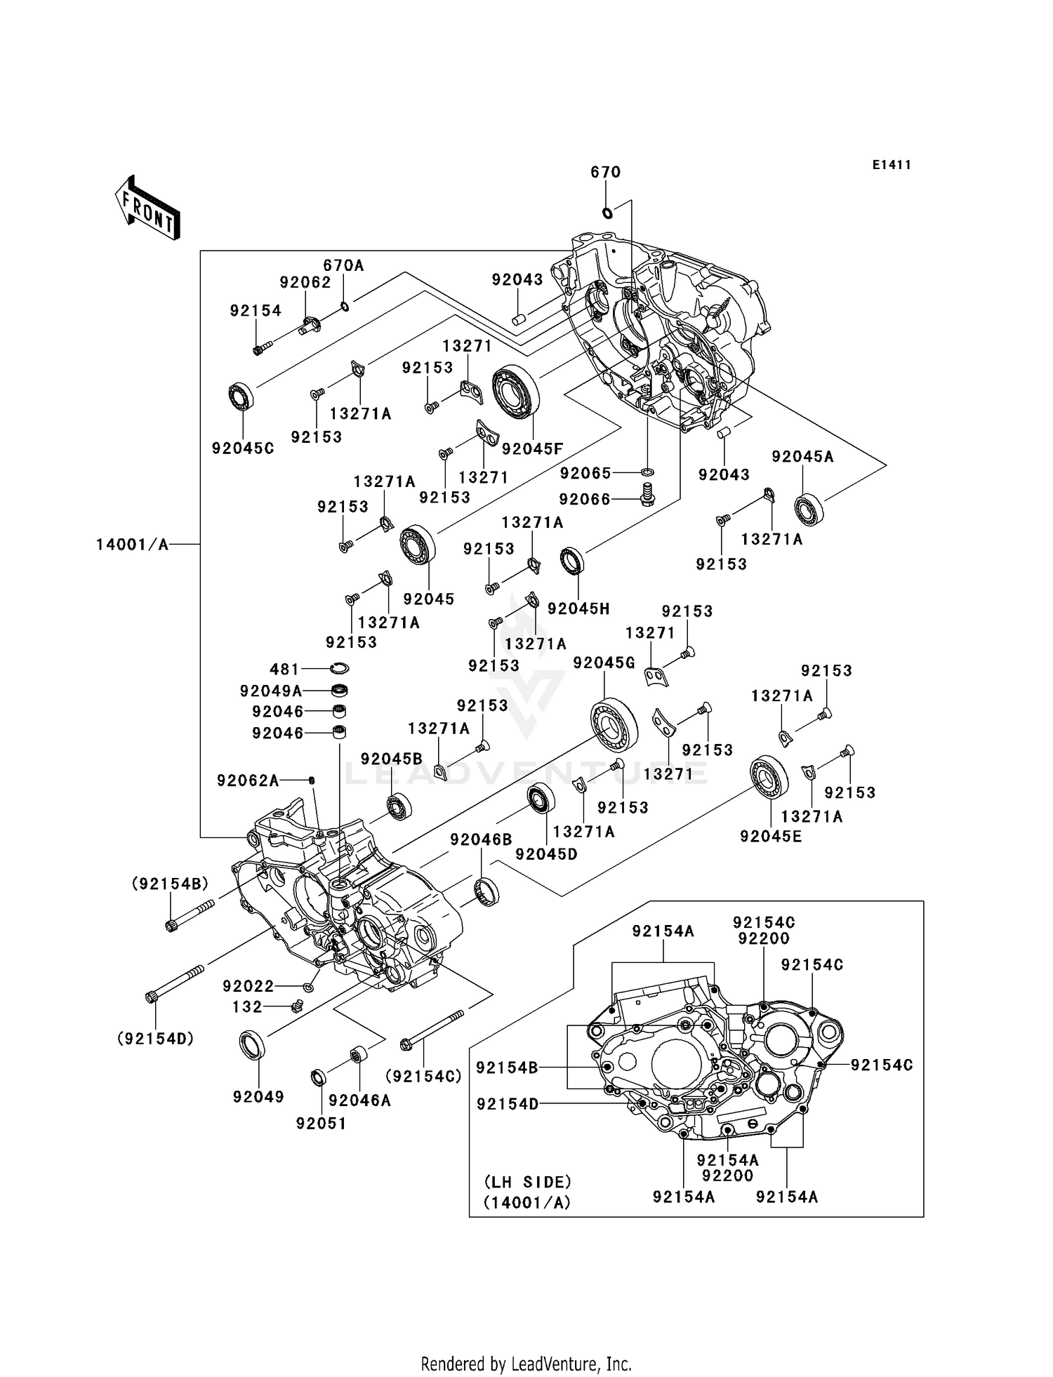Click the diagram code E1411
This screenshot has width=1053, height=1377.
(x=892, y=165)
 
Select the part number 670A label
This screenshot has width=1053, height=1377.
(x=343, y=265)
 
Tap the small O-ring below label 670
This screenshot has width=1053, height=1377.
(x=607, y=213)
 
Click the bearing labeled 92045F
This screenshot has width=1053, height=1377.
(x=515, y=392)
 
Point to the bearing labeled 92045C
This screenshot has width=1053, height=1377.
(x=241, y=397)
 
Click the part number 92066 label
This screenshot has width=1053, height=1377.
(x=585, y=499)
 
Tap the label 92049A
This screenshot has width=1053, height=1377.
(x=271, y=691)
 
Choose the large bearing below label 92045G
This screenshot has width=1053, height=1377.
(x=614, y=725)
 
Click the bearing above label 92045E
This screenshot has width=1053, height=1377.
(x=769, y=777)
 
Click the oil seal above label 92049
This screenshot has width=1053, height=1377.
(x=253, y=1045)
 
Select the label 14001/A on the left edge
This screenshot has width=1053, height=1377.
(x=133, y=545)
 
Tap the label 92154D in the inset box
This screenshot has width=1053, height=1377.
(x=508, y=1104)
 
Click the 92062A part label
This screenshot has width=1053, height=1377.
(x=248, y=780)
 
